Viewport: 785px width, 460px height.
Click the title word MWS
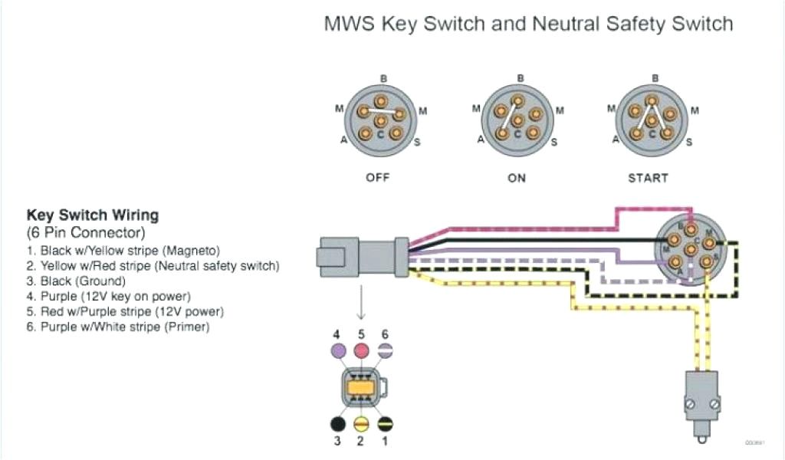349,25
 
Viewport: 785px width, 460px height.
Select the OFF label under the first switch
377,177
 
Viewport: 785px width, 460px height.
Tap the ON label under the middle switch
517,177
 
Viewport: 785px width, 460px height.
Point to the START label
648,177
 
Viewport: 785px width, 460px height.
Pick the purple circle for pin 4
337,351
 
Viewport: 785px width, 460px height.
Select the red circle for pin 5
360,351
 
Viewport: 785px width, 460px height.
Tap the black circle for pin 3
337,424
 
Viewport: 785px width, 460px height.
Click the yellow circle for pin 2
360,424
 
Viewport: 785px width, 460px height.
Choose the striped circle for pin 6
385,351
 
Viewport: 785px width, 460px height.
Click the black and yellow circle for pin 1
385,424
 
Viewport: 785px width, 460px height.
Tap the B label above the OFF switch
382,77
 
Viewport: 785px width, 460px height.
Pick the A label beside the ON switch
481,140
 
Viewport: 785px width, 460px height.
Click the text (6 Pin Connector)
85,232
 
